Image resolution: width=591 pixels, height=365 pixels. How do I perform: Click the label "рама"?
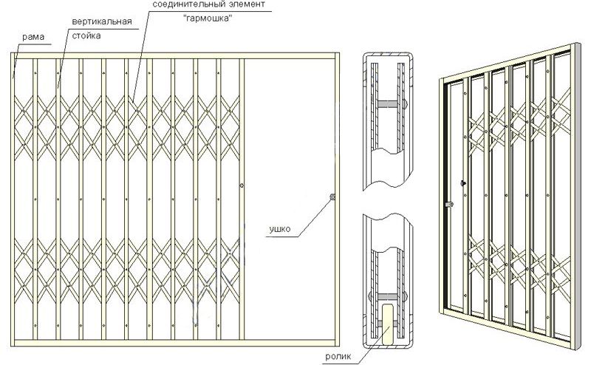point(33,37)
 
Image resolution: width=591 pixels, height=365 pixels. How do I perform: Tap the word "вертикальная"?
point(102,21)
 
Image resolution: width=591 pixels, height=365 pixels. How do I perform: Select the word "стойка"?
point(86,35)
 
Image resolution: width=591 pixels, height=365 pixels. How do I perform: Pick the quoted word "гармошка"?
point(208,18)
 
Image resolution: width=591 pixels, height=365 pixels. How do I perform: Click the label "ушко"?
point(280,229)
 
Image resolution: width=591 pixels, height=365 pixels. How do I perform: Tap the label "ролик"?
point(338,356)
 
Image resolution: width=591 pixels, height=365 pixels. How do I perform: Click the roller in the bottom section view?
point(387,324)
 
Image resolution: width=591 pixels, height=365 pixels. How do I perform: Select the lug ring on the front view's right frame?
point(332,197)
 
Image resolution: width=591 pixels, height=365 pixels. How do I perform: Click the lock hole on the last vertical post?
point(242,185)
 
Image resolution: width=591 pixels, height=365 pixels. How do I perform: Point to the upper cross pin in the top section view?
point(388,103)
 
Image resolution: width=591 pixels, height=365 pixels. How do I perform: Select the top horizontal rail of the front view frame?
point(175,56)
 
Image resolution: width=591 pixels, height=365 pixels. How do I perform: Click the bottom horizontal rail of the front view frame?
point(175,343)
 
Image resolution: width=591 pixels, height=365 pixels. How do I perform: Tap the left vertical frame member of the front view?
point(13,199)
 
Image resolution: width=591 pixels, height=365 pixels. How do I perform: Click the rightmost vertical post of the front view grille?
point(242,199)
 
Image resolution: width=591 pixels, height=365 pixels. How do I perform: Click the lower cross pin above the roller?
point(388,297)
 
